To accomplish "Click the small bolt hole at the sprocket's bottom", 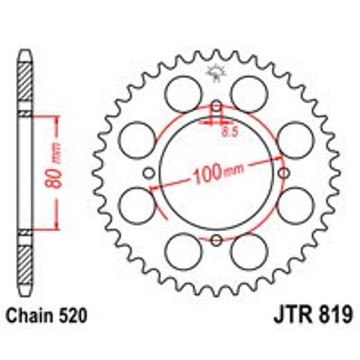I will [x=215, y=240].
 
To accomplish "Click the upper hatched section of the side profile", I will [x=26, y=83].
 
